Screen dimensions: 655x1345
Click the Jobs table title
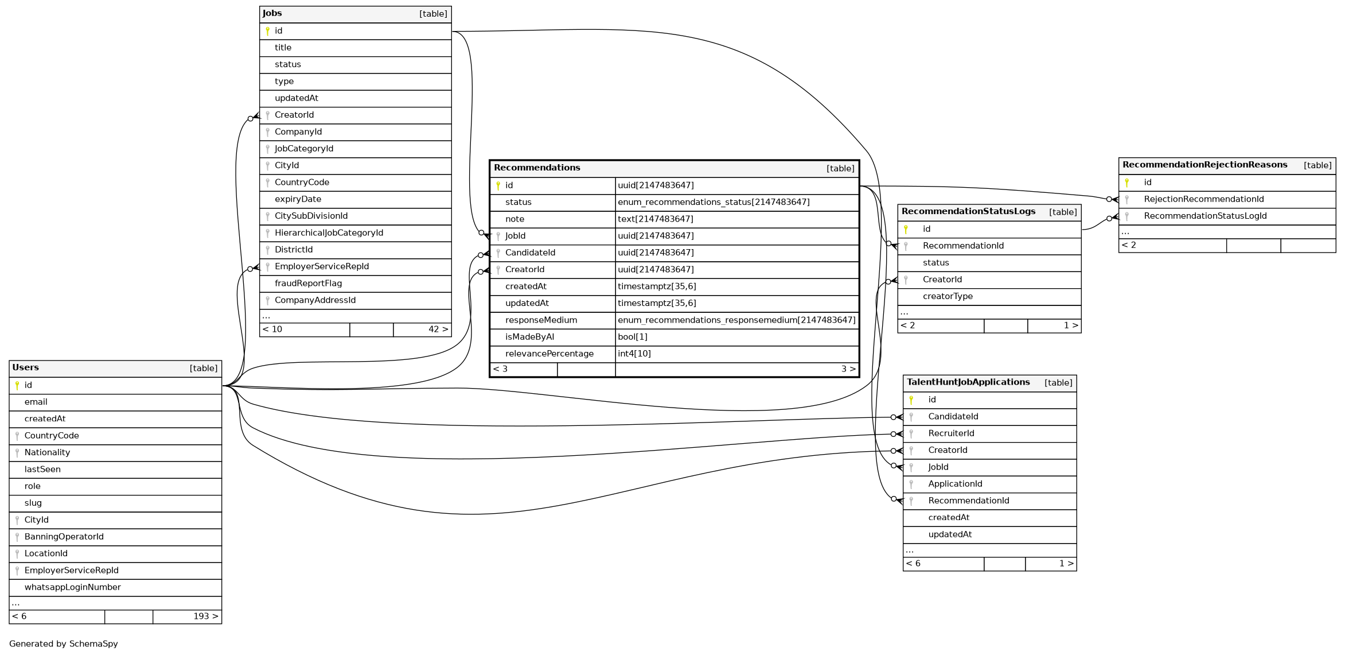tap(272, 13)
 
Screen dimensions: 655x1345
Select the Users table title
tap(26, 367)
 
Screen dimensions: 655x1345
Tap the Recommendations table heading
tap(537, 168)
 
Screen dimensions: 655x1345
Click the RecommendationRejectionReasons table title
tap(1204, 165)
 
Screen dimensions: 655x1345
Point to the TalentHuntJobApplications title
tap(968, 382)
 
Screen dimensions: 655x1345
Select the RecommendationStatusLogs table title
tap(968, 211)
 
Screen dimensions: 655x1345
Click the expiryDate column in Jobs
tap(298, 199)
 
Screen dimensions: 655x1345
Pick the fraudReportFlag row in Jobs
tap(308, 284)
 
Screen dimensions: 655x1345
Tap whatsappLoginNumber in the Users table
tap(72, 587)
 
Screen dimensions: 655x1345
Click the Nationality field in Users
tap(47, 452)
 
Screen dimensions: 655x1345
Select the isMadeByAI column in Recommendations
tap(529, 337)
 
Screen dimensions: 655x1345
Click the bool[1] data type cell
tap(633, 337)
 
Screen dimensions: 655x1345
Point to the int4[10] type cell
tap(634, 354)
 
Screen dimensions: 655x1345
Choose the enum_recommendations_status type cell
tap(714, 202)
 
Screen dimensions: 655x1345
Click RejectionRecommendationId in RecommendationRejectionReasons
tap(1203, 199)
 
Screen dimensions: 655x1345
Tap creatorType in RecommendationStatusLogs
tap(948, 296)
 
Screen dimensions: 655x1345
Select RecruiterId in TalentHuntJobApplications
tap(951, 433)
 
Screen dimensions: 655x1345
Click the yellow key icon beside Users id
tap(17, 385)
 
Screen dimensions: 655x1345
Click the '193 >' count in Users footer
tap(205, 617)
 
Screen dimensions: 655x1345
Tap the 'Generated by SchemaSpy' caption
tap(63, 644)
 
